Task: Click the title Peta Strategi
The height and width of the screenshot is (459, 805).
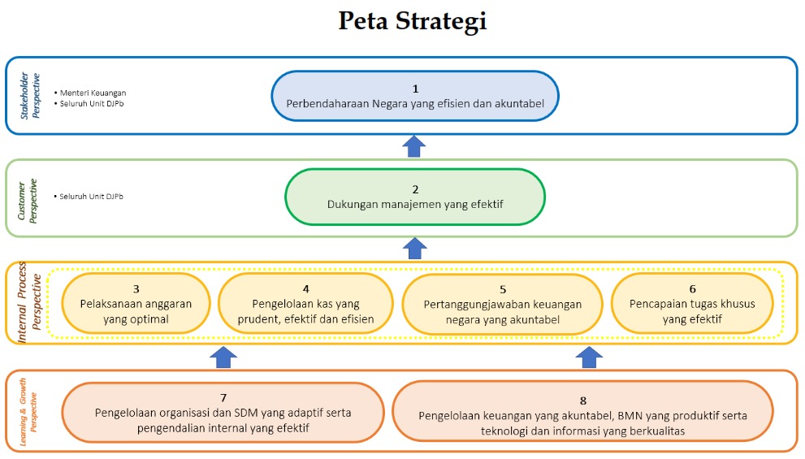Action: coord(413,22)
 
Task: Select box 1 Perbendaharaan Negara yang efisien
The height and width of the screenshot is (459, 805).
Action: coord(415,96)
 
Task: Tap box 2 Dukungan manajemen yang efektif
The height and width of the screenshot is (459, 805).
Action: coord(415,197)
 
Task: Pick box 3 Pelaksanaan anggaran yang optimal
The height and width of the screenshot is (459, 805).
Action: coord(136,304)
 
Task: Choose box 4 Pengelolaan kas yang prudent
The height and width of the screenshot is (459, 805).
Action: coord(305,304)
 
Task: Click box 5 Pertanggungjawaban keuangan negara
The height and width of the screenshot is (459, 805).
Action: coord(503,305)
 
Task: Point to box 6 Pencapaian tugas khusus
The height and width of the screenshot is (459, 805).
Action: coord(692,304)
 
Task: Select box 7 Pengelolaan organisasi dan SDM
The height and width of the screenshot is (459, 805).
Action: coord(223,412)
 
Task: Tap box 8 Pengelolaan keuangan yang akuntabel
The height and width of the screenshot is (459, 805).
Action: coord(582,411)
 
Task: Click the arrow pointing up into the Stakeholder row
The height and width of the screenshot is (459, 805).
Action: coord(413,146)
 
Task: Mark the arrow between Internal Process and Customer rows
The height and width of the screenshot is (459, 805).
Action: coord(414,249)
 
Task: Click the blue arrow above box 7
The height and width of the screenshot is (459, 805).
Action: coord(223,357)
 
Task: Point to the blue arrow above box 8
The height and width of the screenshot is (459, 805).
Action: coord(589,357)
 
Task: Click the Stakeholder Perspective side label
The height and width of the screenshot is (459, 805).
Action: coord(30,96)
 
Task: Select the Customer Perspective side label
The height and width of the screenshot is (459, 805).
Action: coord(27,201)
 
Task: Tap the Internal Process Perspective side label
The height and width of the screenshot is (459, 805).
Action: coord(29,302)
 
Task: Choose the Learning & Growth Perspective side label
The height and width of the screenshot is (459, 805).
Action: coord(28,412)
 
